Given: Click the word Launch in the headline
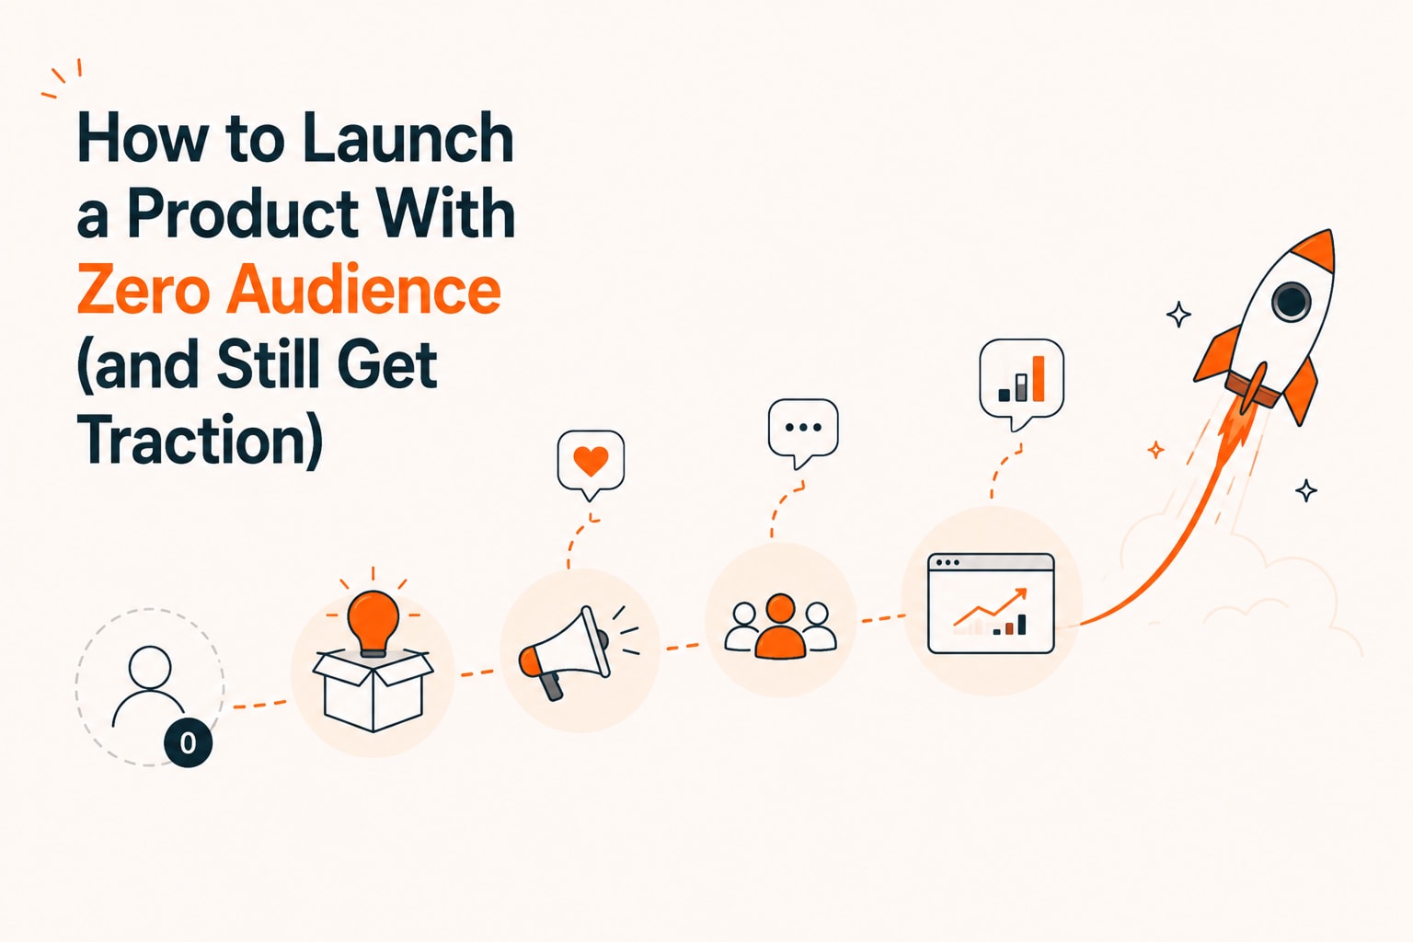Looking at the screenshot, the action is click(x=408, y=138).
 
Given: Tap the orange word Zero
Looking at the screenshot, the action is click(x=144, y=290).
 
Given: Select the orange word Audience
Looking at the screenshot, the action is click(x=364, y=290).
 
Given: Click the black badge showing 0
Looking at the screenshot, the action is click(x=188, y=742).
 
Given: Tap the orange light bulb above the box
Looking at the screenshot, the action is click(x=373, y=623).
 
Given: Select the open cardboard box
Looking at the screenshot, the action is click(x=373, y=690).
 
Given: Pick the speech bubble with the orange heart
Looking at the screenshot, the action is click(x=592, y=464).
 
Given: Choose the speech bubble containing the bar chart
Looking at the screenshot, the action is click(x=1021, y=383).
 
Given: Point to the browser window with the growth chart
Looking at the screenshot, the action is click(x=991, y=603).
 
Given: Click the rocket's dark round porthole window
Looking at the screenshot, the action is click(x=1291, y=301).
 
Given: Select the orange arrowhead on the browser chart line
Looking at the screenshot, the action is click(x=1018, y=594).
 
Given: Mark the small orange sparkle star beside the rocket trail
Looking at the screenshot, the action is click(x=1155, y=450).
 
